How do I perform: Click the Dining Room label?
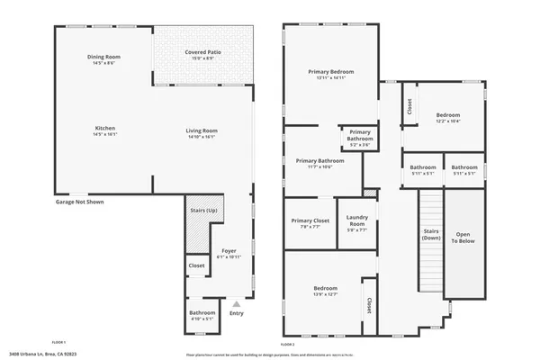click(x=104, y=60)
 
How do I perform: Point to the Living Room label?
click(x=202, y=133)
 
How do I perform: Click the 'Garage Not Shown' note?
click(x=79, y=202)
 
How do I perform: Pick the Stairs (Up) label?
click(x=204, y=211)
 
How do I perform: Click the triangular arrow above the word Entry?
click(x=237, y=303)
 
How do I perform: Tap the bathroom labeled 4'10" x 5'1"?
click(x=202, y=315)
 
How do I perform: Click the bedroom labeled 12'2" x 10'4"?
click(x=448, y=118)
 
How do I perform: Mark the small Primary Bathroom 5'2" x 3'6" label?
click(x=360, y=137)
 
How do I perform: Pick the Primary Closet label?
click(x=310, y=224)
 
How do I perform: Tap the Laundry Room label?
click(x=357, y=224)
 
